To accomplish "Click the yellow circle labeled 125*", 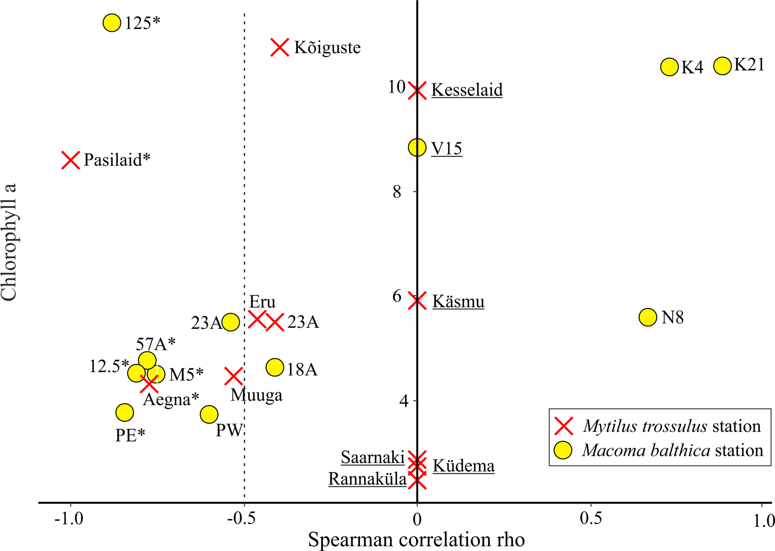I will point(112,23).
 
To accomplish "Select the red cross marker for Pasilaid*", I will point(71,160).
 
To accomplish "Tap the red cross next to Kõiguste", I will point(280,47).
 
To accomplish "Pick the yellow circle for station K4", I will point(669,67).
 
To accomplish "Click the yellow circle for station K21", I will point(723,66).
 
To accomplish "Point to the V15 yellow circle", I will point(417,147).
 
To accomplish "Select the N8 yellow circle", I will point(648,317).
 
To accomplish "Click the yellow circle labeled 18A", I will point(275,367).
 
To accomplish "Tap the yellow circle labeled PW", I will point(209,414).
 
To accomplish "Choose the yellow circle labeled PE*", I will point(125,413).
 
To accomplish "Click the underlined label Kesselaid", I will point(467,90).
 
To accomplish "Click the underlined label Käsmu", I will point(458,302).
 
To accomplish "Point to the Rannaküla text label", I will point(367,479).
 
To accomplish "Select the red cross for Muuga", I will point(234,376).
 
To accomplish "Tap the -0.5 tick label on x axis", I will point(241,519).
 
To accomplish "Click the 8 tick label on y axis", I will point(397,192).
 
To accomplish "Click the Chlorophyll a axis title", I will point(9,242).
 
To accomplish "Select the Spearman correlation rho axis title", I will point(416,540).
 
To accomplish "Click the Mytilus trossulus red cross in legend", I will point(564,426).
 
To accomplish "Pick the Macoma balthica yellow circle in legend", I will point(563,451).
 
